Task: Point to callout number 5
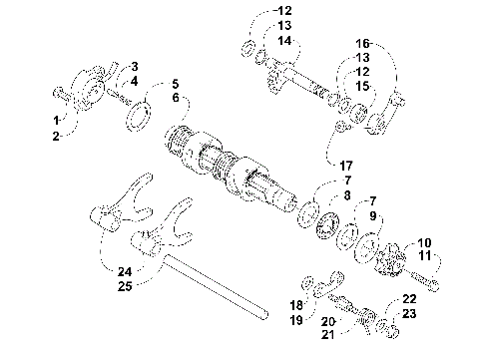[x=175, y=84]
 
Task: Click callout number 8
[x=347, y=196]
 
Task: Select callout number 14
[x=285, y=41]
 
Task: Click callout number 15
[x=362, y=87]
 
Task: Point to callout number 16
[x=362, y=44]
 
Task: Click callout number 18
[x=296, y=304]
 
